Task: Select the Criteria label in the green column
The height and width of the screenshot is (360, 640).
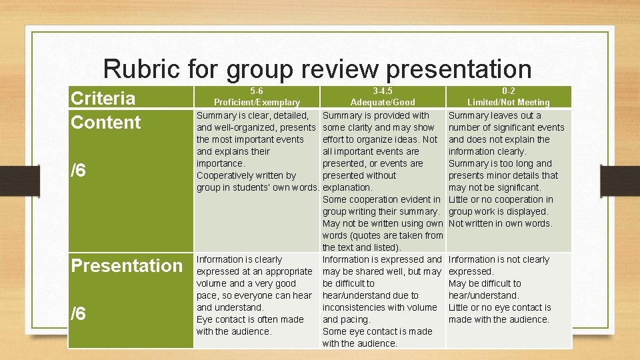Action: coord(103,99)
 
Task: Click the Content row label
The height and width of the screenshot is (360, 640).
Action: coord(106,123)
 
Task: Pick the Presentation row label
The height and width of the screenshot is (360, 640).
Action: coord(127,265)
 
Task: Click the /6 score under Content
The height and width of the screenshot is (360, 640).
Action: coord(79,171)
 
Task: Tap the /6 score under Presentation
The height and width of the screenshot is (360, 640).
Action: coord(79,313)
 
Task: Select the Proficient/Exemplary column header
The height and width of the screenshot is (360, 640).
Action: coord(257,102)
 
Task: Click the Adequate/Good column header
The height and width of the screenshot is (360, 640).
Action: coord(383,102)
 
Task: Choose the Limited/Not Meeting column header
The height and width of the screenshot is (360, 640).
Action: coord(508,102)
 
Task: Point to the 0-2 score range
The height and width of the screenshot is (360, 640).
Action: coord(508,91)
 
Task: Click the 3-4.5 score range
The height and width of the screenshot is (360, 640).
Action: coord(383,91)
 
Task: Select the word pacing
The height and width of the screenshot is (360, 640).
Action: coord(355,319)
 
